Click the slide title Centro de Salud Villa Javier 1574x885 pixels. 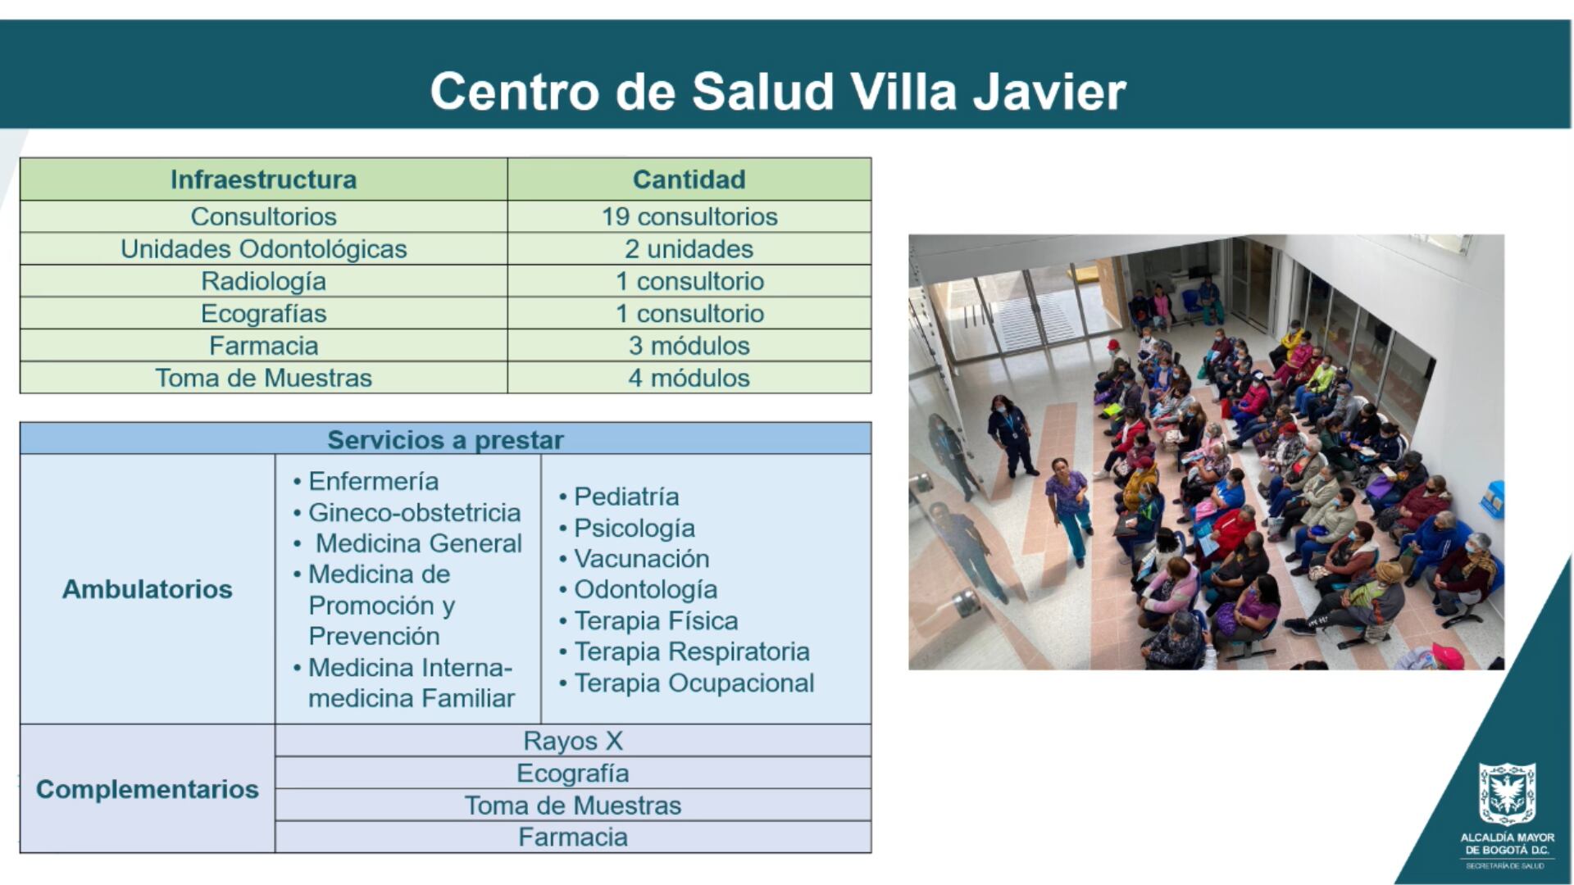pos(777,90)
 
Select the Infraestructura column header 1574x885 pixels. pos(263,179)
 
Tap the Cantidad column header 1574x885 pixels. pos(689,179)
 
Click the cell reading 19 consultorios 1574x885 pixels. pos(689,216)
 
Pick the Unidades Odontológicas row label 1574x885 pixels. pos(263,249)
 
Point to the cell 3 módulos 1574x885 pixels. pos(689,346)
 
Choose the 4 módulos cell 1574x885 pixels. pos(689,378)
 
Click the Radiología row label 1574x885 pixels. pos(263,281)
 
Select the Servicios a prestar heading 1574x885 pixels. pos(445,440)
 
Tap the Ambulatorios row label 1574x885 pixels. pos(148,589)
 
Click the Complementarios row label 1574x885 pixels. pos(148,789)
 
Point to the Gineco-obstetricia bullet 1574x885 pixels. pos(414,513)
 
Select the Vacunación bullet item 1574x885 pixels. pos(641,559)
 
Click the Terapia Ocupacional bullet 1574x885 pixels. pos(694,683)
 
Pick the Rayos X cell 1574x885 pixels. pos(573,741)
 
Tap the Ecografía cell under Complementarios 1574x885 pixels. pos(573,773)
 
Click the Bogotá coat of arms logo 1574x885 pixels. pos(1507,793)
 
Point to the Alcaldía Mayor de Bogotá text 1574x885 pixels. pos(1507,844)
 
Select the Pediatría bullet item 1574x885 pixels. pos(626,497)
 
